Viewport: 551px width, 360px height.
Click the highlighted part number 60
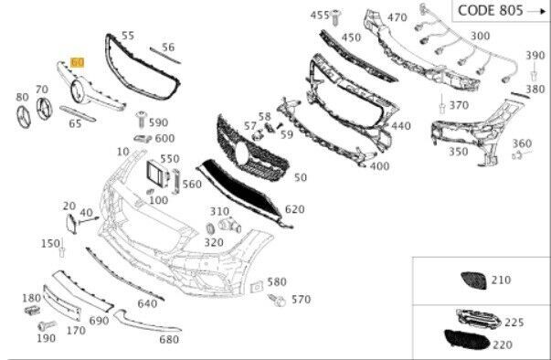tap(78, 62)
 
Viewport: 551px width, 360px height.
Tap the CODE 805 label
tap(491, 11)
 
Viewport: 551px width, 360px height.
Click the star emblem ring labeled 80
tap(24, 117)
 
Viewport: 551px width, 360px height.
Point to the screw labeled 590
tap(142, 120)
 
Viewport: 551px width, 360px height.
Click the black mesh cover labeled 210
tap(473, 281)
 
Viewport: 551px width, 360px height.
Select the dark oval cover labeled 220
tap(467, 340)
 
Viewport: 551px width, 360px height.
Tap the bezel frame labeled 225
tap(479, 317)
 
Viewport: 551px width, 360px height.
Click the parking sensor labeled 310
tap(230, 225)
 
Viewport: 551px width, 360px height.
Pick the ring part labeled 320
tap(210, 228)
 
